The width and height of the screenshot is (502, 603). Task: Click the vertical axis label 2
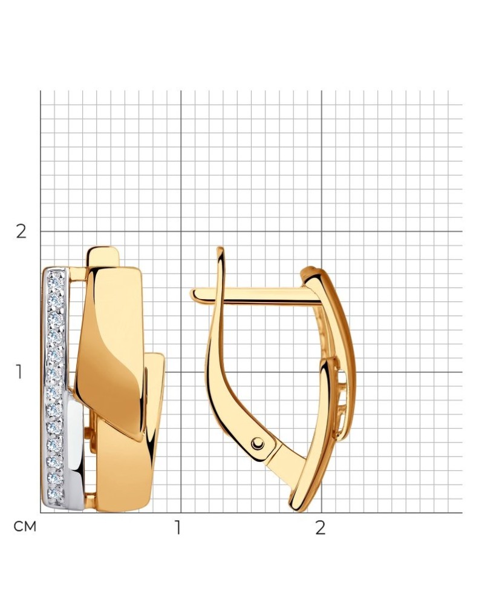[21, 232]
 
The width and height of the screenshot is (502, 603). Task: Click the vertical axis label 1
[19, 372]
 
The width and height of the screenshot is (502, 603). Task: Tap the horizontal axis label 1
[177, 528]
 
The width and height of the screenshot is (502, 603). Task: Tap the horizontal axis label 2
[321, 528]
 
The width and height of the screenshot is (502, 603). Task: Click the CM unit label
[25, 527]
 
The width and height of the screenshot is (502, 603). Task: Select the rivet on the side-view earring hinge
[258, 443]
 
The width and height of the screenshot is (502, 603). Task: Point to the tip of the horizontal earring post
[192, 295]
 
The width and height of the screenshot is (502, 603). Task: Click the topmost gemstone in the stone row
[56, 280]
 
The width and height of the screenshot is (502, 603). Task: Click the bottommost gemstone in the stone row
[55, 494]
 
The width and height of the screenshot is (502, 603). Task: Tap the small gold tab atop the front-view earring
[103, 256]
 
